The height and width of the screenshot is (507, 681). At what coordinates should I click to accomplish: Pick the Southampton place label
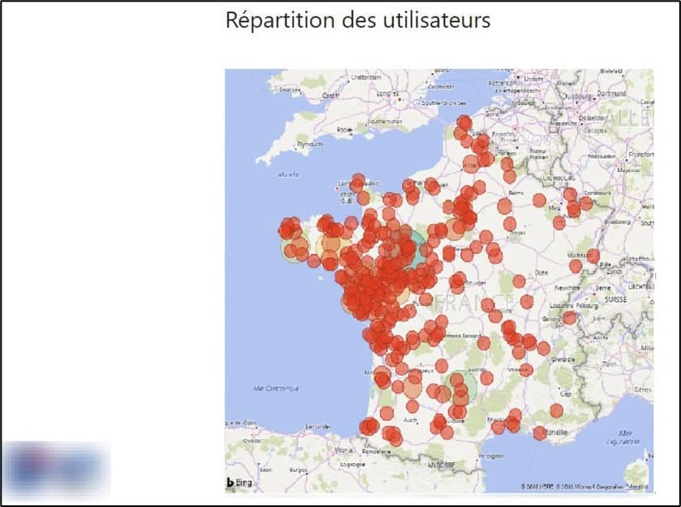pyautogui.click(x=383, y=120)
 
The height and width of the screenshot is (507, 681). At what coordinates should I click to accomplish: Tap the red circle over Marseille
pyautogui.click(x=540, y=433)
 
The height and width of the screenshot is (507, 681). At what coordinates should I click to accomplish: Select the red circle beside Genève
pyautogui.click(x=569, y=318)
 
